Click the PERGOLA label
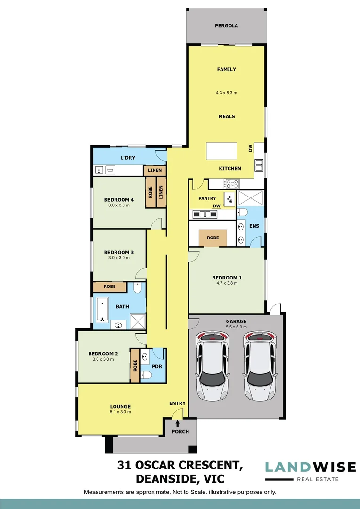point(226,26)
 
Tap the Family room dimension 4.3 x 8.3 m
point(226,93)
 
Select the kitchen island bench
point(224,152)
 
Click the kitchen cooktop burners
point(232,183)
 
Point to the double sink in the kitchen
point(259,165)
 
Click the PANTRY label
point(207,198)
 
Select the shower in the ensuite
point(251,197)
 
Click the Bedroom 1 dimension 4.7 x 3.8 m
point(226,283)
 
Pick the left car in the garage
point(213,366)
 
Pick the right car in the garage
point(259,366)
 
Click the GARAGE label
point(236,322)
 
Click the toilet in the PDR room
point(146,375)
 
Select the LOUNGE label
point(120,406)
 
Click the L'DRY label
point(129,157)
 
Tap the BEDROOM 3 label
point(119,252)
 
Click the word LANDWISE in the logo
point(310,467)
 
